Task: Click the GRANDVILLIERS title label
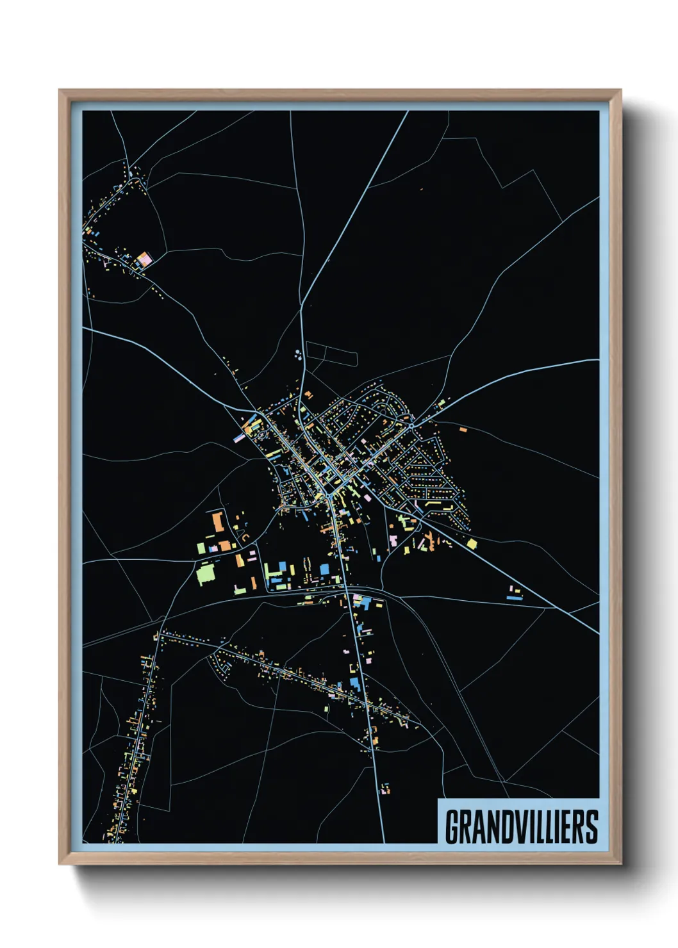click(520, 826)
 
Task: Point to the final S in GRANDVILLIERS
click(591, 827)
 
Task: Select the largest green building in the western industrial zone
click(206, 573)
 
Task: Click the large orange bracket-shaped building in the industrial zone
click(217, 521)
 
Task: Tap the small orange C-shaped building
click(244, 537)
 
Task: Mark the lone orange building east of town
click(463, 429)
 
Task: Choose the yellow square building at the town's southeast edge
click(472, 544)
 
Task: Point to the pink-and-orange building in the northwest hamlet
click(145, 259)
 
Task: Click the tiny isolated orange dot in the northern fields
click(422, 189)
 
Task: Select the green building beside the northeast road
click(441, 404)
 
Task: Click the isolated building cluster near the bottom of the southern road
click(385, 789)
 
